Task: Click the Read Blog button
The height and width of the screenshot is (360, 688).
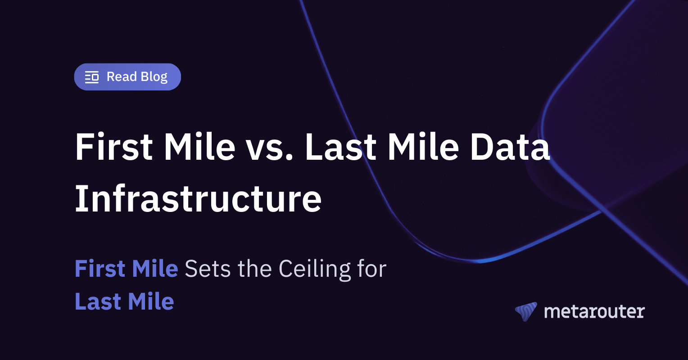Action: (x=127, y=77)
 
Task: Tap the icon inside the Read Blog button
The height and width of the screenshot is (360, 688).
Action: (x=92, y=77)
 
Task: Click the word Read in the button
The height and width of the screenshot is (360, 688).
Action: (x=121, y=77)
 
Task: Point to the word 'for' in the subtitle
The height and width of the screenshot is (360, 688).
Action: (x=372, y=269)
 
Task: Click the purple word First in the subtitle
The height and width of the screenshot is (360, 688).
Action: (x=100, y=269)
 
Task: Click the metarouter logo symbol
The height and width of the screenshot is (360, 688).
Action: (x=526, y=311)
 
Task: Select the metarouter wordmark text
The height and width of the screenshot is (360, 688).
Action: (x=594, y=311)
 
